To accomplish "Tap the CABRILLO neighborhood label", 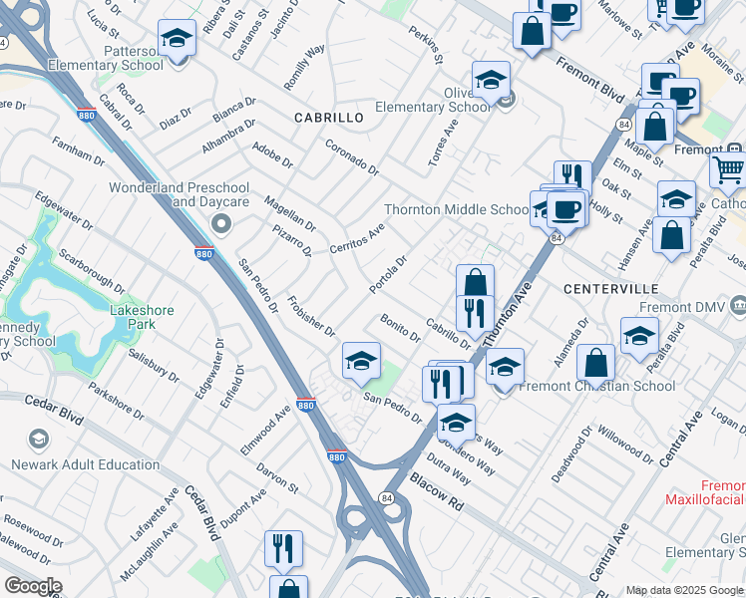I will click(328, 118).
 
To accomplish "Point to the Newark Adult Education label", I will click(85, 464).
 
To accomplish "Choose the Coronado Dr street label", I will click(352, 156).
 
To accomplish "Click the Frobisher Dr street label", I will click(310, 315).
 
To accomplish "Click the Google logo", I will click(33, 586).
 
